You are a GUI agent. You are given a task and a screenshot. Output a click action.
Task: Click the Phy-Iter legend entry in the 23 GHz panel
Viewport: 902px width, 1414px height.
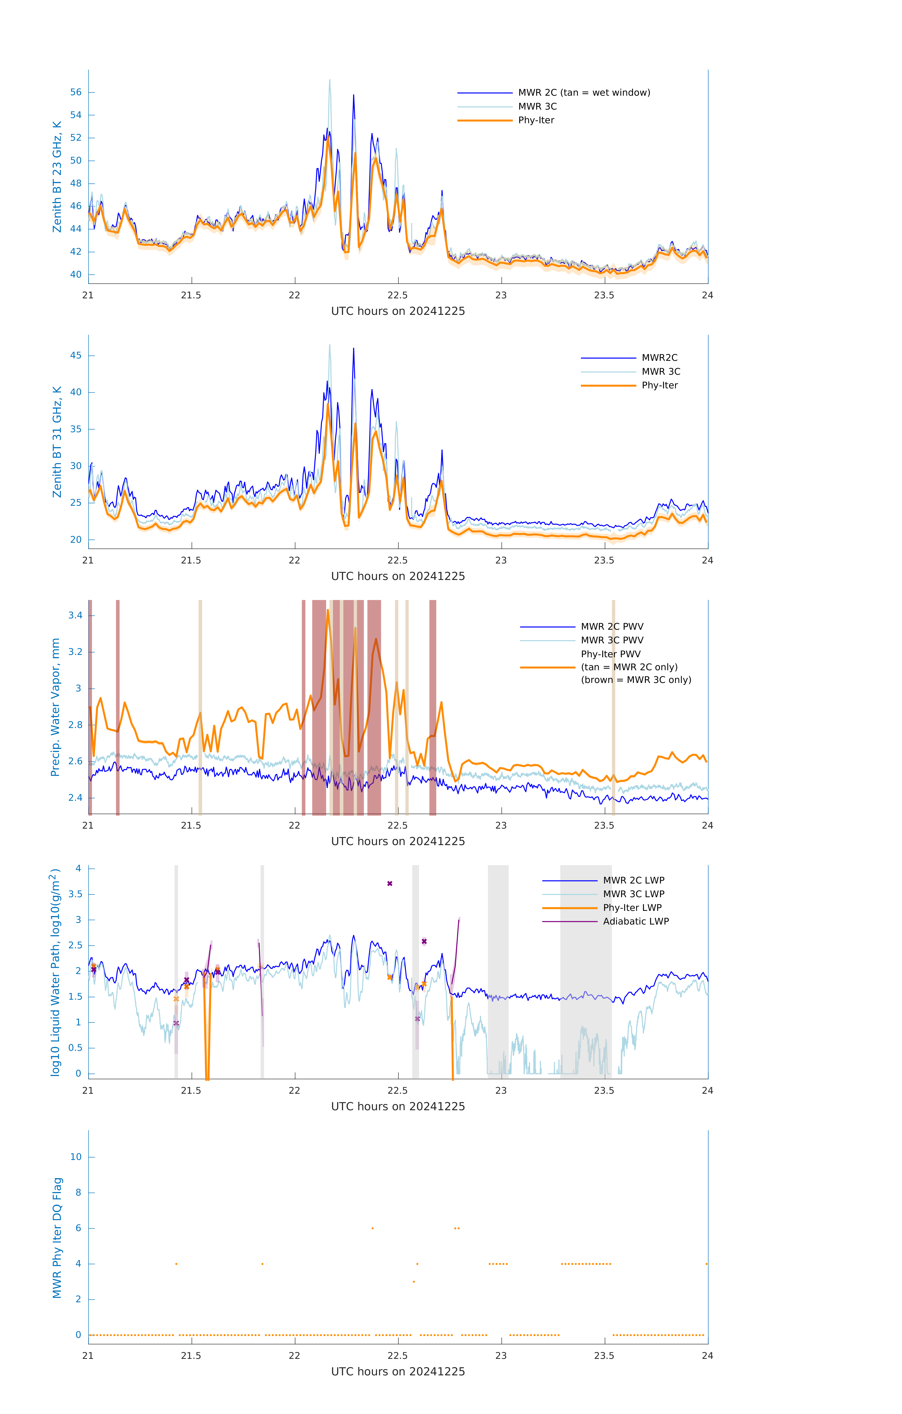[x=536, y=120]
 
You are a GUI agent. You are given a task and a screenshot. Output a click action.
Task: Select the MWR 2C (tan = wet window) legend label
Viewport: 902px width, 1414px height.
[x=583, y=93]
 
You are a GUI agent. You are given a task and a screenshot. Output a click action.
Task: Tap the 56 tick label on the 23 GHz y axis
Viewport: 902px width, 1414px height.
[x=76, y=92]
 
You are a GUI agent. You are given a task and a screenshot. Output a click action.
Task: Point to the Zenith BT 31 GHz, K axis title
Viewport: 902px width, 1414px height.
[x=57, y=442]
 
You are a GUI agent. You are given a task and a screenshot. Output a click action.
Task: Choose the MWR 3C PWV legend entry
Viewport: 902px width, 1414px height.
[x=612, y=640]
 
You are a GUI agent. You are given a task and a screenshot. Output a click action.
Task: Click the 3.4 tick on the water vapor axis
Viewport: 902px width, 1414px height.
[x=75, y=615]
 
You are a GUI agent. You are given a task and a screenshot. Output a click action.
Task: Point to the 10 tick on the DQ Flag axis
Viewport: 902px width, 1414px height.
[x=76, y=1157]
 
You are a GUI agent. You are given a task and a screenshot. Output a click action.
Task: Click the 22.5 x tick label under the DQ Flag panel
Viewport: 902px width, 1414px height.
[x=398, y=1356]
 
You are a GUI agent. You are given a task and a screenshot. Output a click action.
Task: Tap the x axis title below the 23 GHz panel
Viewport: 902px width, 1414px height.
[x=398, y=311]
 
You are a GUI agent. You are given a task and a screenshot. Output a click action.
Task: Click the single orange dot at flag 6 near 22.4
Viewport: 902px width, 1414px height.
[x=373, y=1228]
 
